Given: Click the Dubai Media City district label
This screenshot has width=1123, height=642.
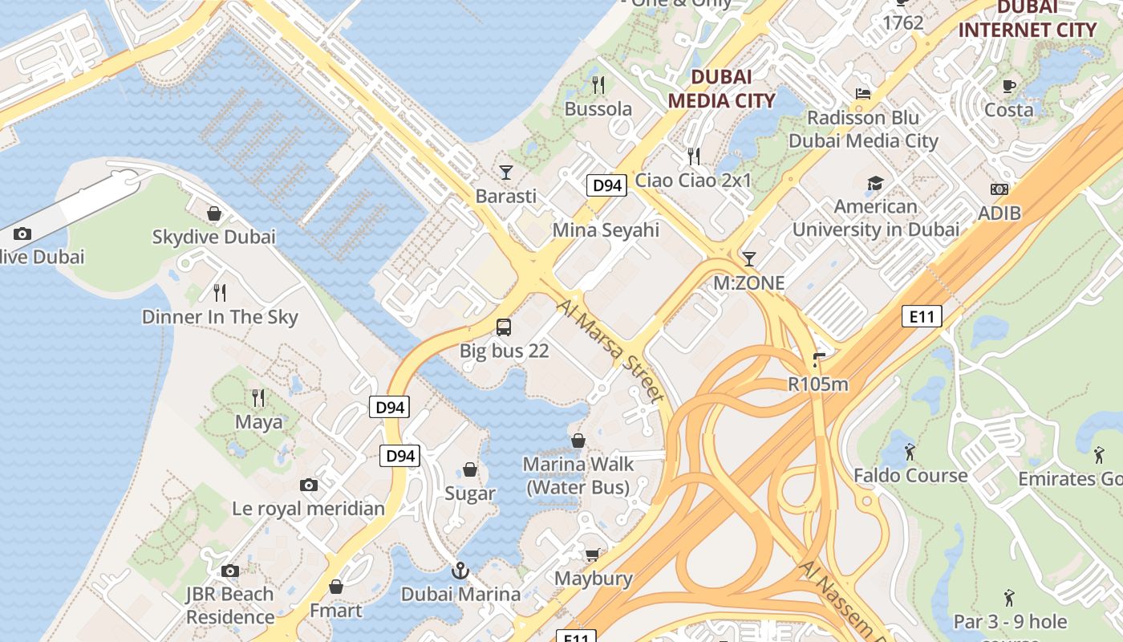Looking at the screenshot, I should [721, 88].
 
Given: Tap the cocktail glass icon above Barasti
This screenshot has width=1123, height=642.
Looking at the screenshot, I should [506, 172].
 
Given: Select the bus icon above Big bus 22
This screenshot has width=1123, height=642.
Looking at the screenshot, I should [504, 327].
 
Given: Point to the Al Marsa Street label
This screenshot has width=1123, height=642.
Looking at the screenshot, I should [610, 351].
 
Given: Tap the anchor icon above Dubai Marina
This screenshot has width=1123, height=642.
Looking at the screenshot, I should [460, 571].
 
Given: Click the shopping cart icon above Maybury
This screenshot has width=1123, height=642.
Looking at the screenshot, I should [593, 555].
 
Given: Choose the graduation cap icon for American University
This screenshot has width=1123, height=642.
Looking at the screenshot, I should [875, 184].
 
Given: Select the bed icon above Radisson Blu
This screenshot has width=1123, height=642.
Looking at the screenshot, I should [863, 94].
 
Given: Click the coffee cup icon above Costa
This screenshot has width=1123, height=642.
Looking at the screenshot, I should [1008, 86].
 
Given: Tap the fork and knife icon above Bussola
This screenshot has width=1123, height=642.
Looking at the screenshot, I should [598, 84].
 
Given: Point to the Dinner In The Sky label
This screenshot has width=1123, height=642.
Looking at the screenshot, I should [220, 317].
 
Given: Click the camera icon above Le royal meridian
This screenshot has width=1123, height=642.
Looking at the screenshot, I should [309, 485].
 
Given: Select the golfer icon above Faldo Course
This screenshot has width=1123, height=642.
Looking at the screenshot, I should [910, 452].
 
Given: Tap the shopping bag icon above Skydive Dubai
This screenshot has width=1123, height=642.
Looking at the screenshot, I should [214, 213].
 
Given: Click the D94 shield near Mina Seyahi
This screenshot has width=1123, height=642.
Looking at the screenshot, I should [606, 186].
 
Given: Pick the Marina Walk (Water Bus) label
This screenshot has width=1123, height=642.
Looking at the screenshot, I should [578, 475].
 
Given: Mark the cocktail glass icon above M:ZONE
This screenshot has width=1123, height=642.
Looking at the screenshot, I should [749, 258].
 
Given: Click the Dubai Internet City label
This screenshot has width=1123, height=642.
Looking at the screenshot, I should [1027, 20].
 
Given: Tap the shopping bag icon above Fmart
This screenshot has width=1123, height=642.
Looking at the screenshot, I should [336, 587].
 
